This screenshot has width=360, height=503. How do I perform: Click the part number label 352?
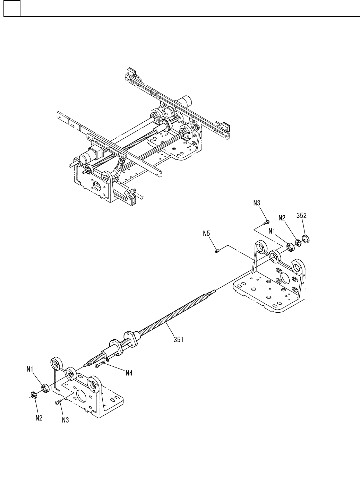(x=301, y=215)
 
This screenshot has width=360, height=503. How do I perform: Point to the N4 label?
(x=129, y=373)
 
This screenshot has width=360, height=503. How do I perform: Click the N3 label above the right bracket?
(x=257, y=203)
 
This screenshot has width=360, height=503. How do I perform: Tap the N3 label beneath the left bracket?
(x=65, y=420)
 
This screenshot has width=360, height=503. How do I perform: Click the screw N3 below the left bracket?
(x=58, y=402)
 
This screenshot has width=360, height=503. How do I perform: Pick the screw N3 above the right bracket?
(x=267, y=221)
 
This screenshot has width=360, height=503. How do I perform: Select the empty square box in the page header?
(x=12, y=8)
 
